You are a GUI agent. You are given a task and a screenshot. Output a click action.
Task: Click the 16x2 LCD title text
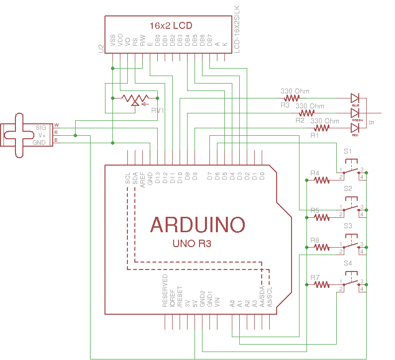click(171, 25)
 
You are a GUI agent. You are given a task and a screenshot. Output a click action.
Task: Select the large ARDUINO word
click(197, 225)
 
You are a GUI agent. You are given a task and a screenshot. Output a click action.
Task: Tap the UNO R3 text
click(192, 244)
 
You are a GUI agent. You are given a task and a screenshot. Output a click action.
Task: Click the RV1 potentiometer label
click(158, 110)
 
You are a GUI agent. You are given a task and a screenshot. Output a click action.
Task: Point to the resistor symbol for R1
click(321, 128)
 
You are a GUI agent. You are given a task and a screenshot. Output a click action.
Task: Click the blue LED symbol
click(355, 98)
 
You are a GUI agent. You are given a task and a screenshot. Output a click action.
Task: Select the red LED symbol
click(355, 128)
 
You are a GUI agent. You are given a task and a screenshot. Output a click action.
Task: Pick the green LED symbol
click(355, 113)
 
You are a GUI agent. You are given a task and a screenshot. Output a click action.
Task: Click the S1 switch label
click(348, 151)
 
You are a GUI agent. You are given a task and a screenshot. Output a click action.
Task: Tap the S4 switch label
click(348, 263)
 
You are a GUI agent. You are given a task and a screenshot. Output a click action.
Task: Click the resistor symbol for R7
click(321, 284)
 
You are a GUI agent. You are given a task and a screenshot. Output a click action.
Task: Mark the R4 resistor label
click(314, 173)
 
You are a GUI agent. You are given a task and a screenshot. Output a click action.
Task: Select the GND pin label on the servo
click(39, 142)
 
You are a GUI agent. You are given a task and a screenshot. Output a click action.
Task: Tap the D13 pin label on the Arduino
click(158, 178)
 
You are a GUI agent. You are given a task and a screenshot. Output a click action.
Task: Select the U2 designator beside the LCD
click(100, 48)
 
